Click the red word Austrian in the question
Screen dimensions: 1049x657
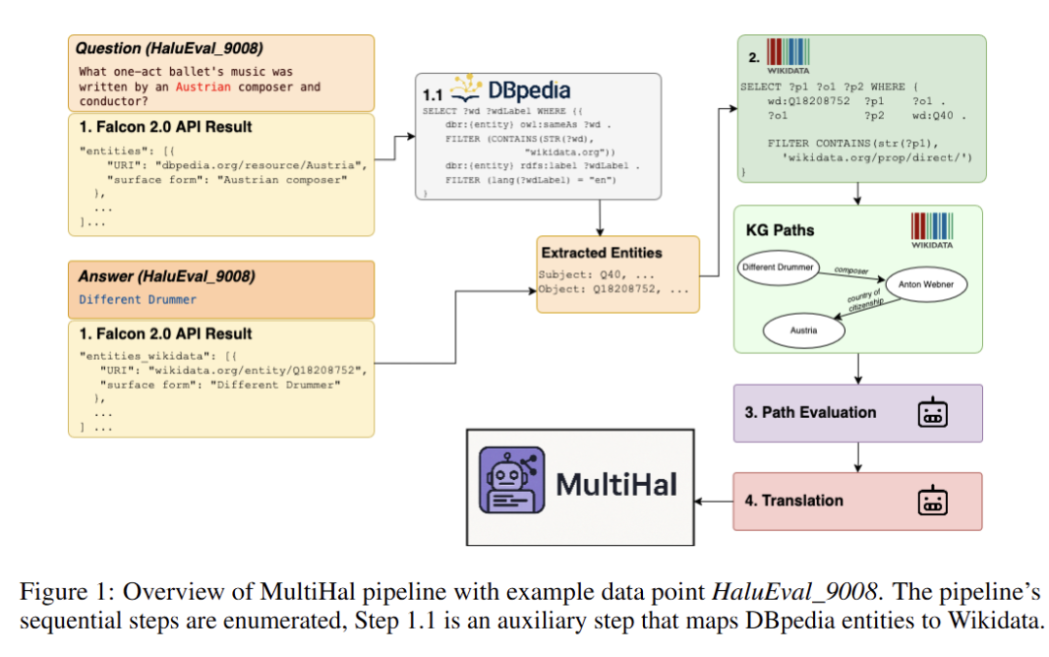(203, 86)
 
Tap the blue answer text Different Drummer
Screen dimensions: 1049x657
(138, 299)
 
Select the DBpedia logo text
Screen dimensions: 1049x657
(529, 90)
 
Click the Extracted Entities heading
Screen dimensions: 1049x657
(601, 253)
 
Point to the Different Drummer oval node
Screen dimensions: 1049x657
(778, 267)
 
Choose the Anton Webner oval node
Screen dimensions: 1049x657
(926, 284)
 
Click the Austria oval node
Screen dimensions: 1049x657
(803, 330)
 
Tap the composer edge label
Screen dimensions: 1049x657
(851, 270)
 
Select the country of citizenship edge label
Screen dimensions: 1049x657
(865, 299)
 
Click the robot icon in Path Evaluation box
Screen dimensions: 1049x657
(932, 412)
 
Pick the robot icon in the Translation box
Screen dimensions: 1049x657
(932, 501)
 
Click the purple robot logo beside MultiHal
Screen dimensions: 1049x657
(512, 480)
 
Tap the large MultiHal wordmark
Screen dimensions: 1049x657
(616, 484)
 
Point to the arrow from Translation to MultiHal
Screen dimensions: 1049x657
(714, 501)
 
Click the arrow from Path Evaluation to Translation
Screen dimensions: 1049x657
(858, 458)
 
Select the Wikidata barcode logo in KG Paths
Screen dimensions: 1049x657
(931, 230)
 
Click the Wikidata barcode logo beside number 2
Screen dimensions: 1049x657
(788, 55)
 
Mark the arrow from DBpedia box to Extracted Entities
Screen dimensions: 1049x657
(600, 218)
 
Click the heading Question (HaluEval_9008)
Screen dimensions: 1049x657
(169, 49)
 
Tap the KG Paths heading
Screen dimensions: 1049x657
(780, 229)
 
